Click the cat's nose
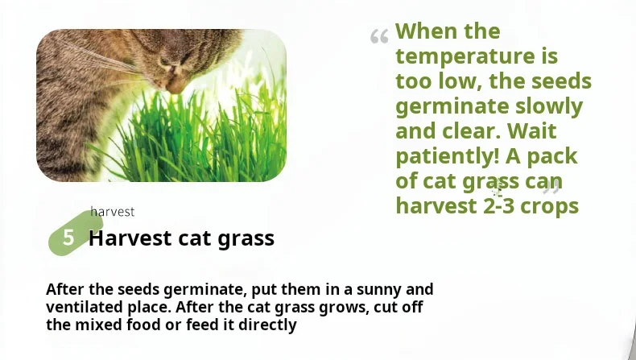tap(176, 84)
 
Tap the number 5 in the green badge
tap(68, 238)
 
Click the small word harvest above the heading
tap(113, 212)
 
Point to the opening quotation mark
tap(379, 36)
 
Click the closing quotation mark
tap(551, 188)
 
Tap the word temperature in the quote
tap(465, 56)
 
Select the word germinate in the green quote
tap(452, 107)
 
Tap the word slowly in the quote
tap(549, 107)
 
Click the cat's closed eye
tap(164, 61)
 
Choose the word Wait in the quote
tap(532, 131)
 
